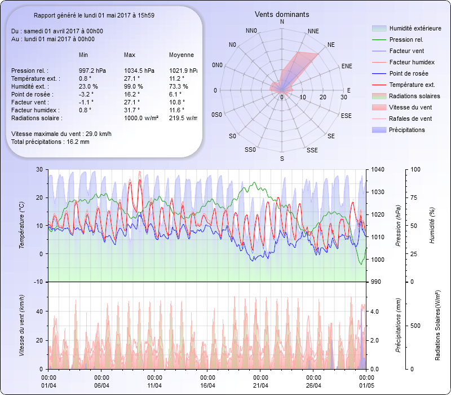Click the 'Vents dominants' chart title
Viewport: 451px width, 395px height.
[x=281, y=14]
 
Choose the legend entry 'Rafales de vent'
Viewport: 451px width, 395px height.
[x=410, y=118]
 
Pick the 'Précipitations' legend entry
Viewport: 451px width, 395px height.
[x=407, y=130]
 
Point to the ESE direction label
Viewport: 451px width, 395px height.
[x=347, y=115]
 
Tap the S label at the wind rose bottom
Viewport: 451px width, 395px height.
[x=282, y=159]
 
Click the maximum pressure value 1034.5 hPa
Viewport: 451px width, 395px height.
[x=139, y=71]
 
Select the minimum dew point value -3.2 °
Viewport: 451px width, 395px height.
[x=85, y=94]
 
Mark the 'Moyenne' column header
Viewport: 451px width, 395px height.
[x=182, y=55]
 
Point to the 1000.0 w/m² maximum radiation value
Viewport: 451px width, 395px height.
[x=141, y=118]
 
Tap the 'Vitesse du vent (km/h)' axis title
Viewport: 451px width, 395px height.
[x=21, y=325]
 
